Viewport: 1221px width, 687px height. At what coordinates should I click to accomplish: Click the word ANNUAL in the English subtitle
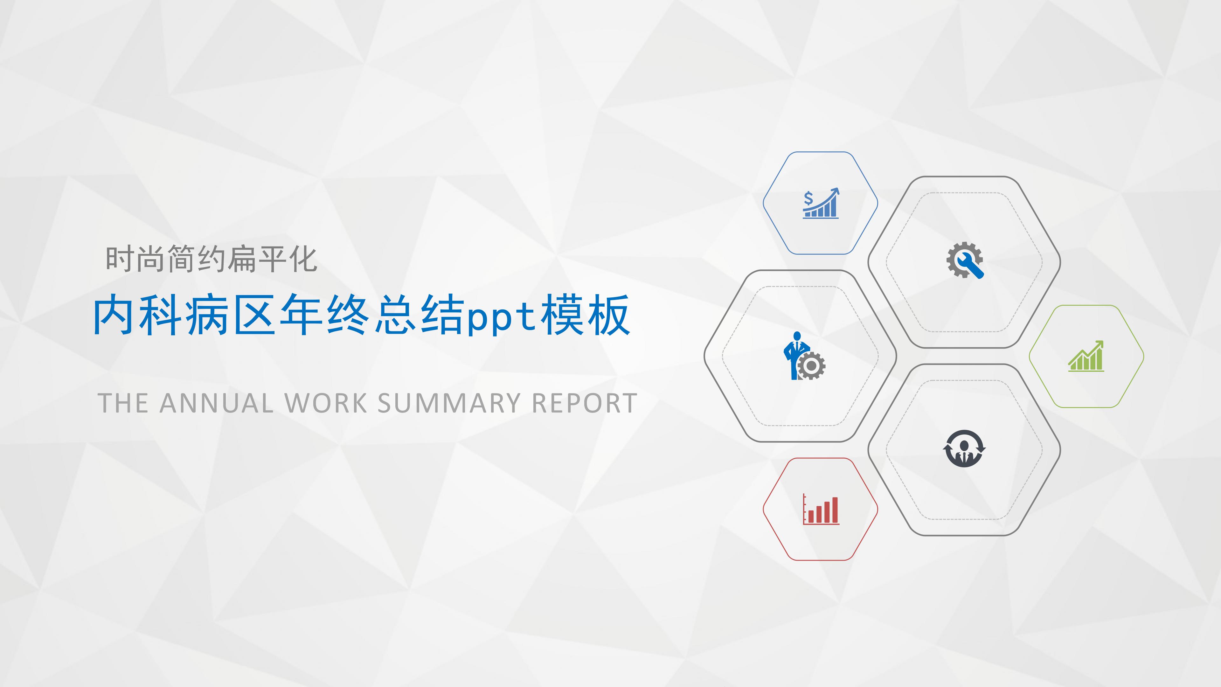coord(216,404)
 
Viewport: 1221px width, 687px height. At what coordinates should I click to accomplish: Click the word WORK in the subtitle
coord(326,404)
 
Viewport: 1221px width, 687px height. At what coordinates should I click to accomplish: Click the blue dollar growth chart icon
coord(821,204)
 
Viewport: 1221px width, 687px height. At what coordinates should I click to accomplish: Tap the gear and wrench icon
coord(965,260)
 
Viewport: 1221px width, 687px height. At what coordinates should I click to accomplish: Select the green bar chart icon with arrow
coord(1086,356)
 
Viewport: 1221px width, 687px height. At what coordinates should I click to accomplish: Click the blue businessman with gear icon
coord(803,356)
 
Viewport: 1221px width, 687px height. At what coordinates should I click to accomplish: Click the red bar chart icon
coord(821,510)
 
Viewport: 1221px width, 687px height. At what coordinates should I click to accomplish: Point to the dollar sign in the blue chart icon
coord(808,198)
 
